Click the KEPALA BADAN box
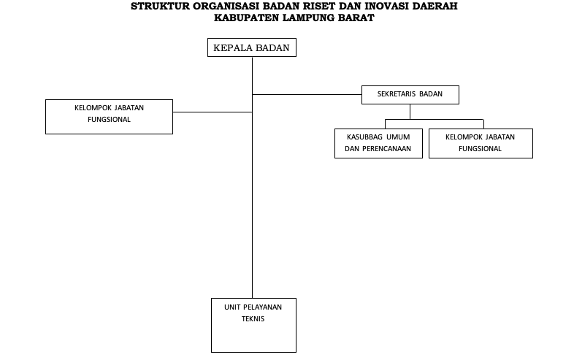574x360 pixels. click(252, 47)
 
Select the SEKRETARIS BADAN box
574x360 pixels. click(410, 95)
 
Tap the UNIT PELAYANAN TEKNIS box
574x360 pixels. click(253, 325)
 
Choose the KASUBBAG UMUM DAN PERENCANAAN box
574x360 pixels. click(378, 143)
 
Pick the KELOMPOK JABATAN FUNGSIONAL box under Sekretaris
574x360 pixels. click(481, 143)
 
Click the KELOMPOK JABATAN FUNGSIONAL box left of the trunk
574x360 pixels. click(109, 117)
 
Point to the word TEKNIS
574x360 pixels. click(253, 318)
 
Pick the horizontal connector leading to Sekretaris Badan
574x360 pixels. click(307, 94)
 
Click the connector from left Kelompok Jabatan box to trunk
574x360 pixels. click(213, 112)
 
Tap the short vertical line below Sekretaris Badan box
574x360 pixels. click(410, 112)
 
